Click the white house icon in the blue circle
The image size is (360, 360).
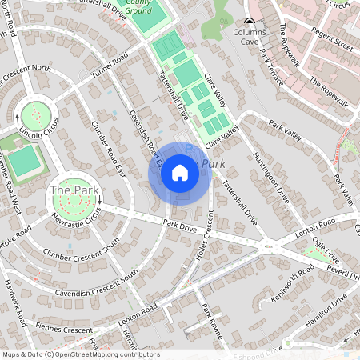pos(179,172)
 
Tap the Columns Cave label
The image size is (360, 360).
pos(250,33)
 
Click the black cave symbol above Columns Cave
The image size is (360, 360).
pos(250,22)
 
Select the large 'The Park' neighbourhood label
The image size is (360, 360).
pos(72,191)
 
